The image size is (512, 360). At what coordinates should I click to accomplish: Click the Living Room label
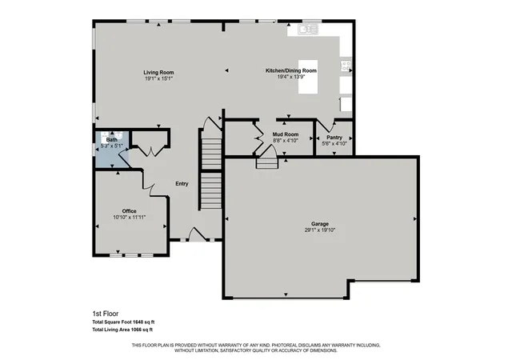point(158,73)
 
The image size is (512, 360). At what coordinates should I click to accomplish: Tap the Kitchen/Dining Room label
point(291,70)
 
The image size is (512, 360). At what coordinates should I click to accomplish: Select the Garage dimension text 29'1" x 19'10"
point(320,230)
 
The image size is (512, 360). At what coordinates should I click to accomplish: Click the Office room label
point(130,211)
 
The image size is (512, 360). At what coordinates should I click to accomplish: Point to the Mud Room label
point(286,134)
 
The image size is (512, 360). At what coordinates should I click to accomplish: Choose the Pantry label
point(334,138)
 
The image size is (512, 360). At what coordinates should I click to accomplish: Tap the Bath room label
point(112,140)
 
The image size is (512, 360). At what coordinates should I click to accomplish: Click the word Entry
point(182,184)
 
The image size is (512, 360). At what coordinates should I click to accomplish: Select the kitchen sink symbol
point(308,30)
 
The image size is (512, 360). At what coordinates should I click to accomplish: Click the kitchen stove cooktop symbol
point(346,66)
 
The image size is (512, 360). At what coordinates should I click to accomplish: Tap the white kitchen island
point(308,77)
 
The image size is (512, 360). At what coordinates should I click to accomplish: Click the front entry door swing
point(198,234)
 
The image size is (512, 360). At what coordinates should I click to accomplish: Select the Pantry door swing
point(326,126)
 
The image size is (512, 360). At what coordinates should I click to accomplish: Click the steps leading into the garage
point(266,163)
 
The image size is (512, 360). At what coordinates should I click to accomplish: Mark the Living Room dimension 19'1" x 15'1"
point(158,78)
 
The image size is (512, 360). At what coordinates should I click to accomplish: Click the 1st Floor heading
point(106,314)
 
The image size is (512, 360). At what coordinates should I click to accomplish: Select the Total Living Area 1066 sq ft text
point(122,330)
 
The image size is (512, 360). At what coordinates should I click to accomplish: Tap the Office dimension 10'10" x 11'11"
point(130,218)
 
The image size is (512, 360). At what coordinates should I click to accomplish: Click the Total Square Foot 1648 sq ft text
point(123,322)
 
